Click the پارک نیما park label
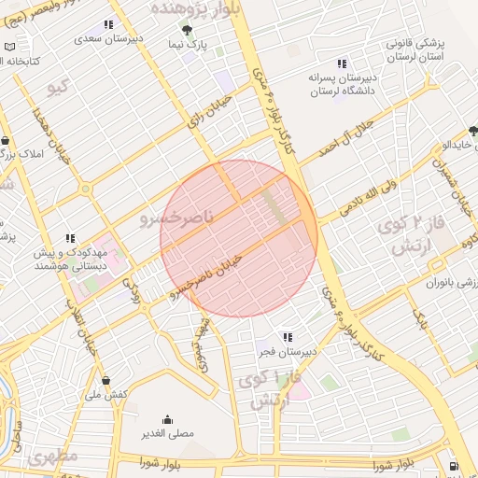tap(188, 44)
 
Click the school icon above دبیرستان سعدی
tap(108, 24)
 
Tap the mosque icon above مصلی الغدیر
tap(168, 419)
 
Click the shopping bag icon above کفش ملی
tap(107, 380)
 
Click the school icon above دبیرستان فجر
tap(288, 336)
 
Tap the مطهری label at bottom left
tap(52, 457)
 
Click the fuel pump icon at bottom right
tap(453, 465)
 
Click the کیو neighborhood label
tap(59, 87)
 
